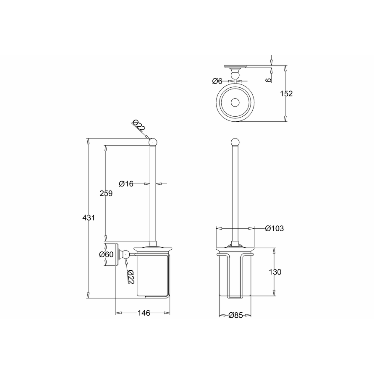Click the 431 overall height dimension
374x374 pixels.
[89, 218]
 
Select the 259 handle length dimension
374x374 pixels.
[106, 193]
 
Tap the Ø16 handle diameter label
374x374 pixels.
[126, 184]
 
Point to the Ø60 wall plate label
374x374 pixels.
[106, 254]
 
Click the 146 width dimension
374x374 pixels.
[144, 313]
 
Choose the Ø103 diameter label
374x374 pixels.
[275, 228]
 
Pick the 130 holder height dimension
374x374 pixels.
[275, 272]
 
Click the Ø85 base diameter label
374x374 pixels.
[235, 315]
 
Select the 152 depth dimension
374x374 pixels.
[286, 94]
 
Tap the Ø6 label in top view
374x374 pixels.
[217, 81]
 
